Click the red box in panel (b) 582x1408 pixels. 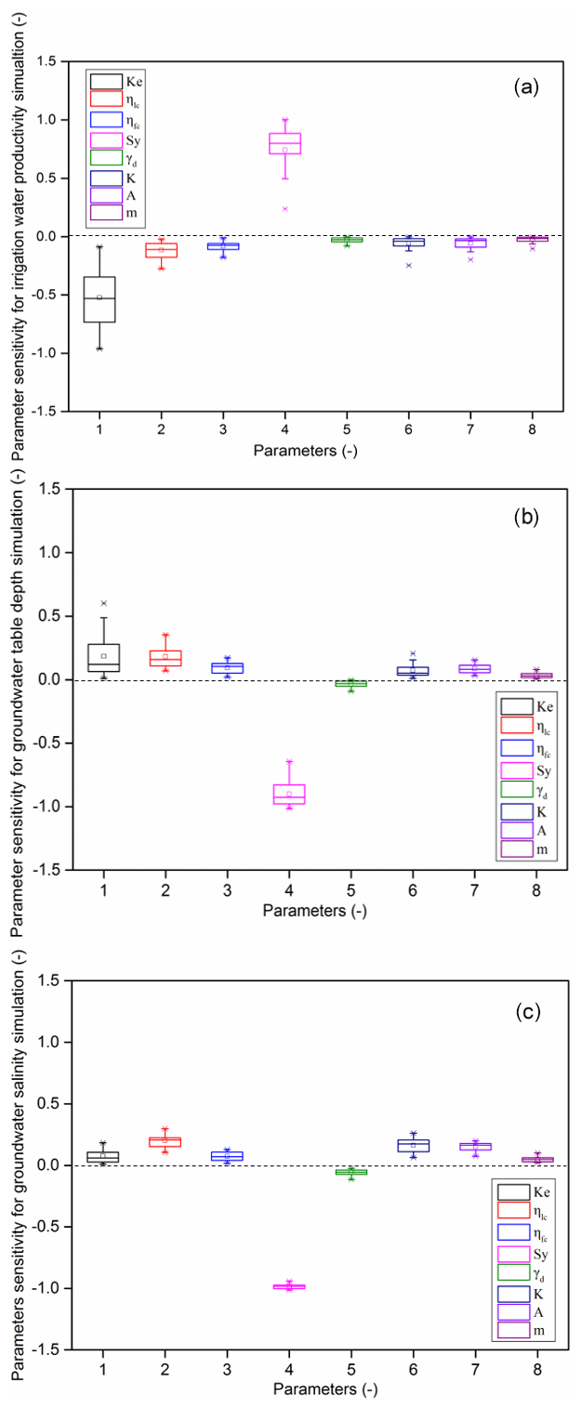pyautogui.click(x=165, y=658)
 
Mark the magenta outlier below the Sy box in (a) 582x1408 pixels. pyautogui.click(x=284, y=209)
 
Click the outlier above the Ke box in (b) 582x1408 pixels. pyautogui.click(x=103, y=603)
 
